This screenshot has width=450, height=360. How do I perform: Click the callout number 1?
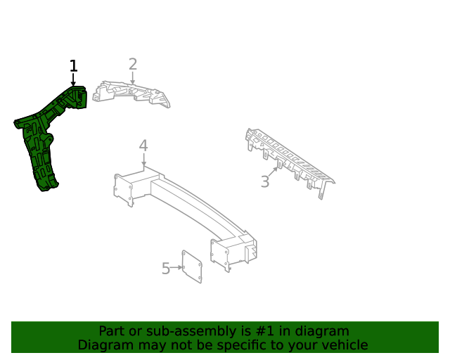tap(73, 65)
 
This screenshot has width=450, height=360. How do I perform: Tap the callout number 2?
tap(133, 64)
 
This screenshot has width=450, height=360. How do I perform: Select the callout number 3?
tap(265, 181)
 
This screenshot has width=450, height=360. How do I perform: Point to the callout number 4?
tap(143, 146)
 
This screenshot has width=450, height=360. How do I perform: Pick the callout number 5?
tap(166, 269)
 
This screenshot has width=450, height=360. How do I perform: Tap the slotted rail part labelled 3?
tap(290, 161)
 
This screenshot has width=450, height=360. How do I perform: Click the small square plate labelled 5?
tap(192, 266)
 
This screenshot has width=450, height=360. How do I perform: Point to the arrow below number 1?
tap(73, 79)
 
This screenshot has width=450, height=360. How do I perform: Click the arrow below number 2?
tap(133, 78)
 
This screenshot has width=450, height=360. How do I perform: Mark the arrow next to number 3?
tap(274, 172)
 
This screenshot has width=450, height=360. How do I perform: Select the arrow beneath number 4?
tap(143, 160)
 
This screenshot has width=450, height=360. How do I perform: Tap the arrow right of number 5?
tap(176, 268)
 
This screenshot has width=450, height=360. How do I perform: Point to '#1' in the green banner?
tap(264, 331)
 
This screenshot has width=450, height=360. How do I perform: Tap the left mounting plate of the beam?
tap(123, 189)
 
